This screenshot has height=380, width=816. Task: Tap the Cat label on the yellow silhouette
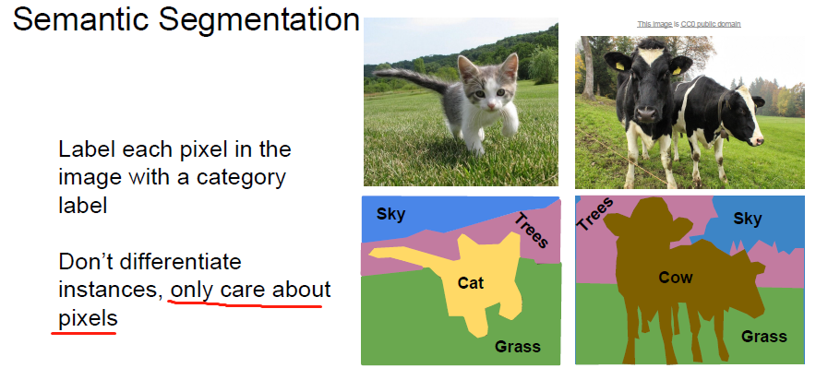coord(471,283)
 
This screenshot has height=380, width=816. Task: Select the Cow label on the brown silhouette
coord(677,277)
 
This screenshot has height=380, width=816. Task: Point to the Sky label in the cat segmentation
coord(390,215)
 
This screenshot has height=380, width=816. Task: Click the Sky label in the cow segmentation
coord(748,219)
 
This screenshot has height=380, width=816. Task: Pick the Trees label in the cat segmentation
coord(532,231)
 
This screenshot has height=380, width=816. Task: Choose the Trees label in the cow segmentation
coord(595,214)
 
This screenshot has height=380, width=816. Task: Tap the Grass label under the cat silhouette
coord(517,347)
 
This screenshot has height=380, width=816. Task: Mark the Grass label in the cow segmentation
coord(764,337)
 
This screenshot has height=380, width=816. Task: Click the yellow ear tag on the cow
coord(677,68)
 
